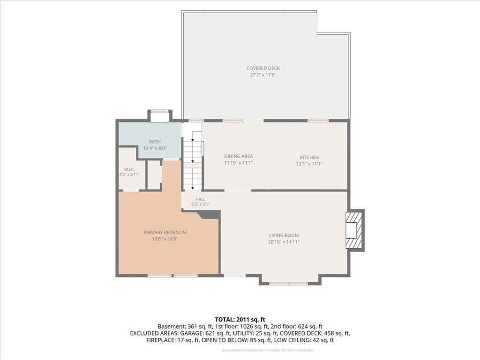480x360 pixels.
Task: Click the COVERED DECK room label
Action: (x=263, y=68)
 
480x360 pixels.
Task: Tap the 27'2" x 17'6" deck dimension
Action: (x=263, y=75)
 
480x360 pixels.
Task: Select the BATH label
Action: (x=155, y=142)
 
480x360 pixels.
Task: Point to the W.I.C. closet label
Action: (x=129, y=169)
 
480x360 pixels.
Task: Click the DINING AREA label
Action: (x=239, y=157)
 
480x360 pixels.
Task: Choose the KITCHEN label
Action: (x=309, y=157)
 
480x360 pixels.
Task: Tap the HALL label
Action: (x=201, y=199)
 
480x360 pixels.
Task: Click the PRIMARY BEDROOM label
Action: (x=165, y=232)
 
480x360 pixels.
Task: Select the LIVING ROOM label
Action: (x=284, y=235)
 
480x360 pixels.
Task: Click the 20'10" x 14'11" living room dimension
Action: (x=284, y=242)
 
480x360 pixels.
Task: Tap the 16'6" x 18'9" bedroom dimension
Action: (x=165, y=239)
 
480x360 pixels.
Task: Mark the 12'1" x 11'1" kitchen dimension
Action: (x=309, y=164)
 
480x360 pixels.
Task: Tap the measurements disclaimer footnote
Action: (x=268, y=350)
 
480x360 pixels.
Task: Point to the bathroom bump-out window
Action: (x=160, y=112)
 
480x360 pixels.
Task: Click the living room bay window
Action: (x=288, y=284)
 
